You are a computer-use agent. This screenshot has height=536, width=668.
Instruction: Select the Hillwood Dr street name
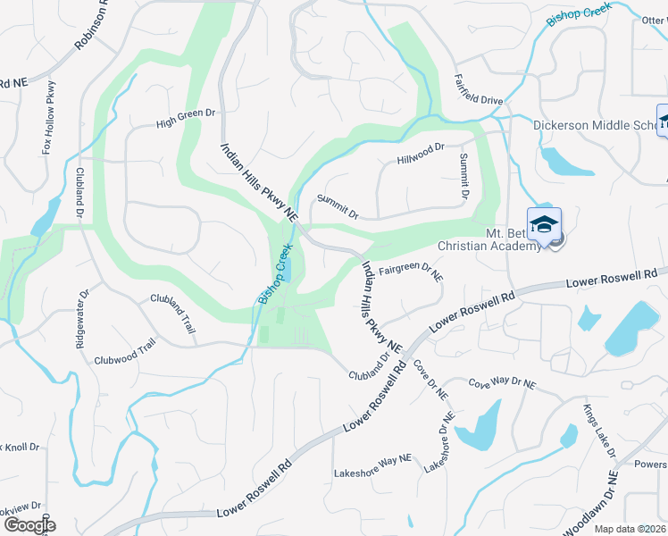tap(420, 154)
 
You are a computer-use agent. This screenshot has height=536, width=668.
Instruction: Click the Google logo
tap(29, 525)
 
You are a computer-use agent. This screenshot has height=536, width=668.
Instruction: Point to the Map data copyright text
tap(630, 529)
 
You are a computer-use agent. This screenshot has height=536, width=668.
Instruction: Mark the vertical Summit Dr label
tap(464, 175)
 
